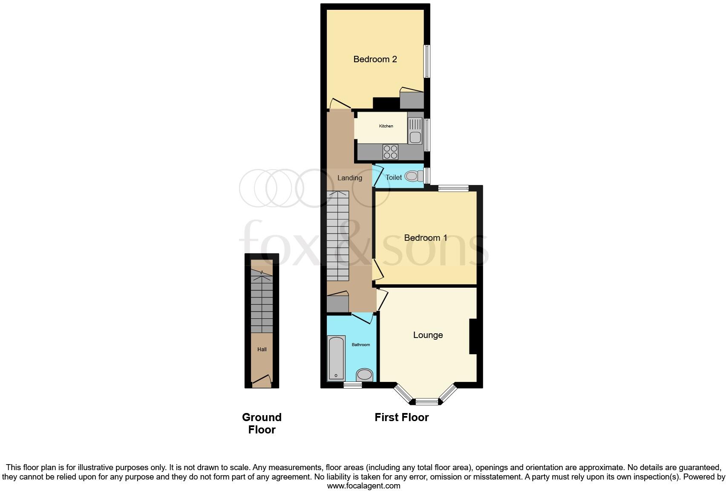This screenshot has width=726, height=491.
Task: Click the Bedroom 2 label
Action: pos(375,59)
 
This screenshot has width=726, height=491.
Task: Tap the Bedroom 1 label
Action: pos(425,238)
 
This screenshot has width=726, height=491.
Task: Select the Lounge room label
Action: pos(428,335)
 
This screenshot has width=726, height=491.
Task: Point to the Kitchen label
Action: pos(386,126)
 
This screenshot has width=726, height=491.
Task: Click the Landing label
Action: pos(350,178)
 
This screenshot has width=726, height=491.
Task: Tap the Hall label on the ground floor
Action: pos(262,349)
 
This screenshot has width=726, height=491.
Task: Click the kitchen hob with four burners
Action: pos(391,152)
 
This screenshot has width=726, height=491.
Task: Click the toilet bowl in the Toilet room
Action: pos(412,176)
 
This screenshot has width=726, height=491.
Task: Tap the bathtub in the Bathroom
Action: pos(336,358)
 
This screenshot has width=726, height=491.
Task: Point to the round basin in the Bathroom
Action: pos(364,375)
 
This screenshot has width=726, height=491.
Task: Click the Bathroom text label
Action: pos(361,344)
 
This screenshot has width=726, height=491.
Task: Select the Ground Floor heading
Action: pos(262,423)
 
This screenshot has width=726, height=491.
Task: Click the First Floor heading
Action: pos(401,417)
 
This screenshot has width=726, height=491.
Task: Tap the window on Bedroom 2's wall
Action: pos(426,61)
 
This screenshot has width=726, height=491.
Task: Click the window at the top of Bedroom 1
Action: pos(453,188)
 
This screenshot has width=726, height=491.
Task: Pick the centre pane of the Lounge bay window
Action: pos(426,401)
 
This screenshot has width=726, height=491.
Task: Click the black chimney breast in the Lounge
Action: pos(472,336)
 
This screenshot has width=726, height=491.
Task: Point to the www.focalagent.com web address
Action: pos(363,486)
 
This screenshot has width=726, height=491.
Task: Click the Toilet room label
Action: pos(394,177)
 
